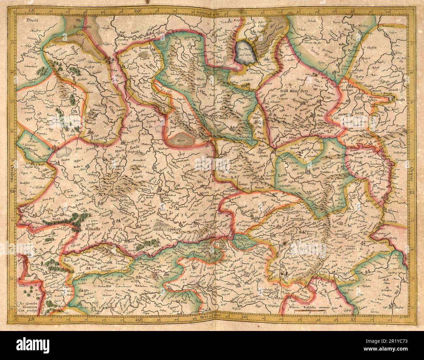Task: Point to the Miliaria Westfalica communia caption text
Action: point(300,307)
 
